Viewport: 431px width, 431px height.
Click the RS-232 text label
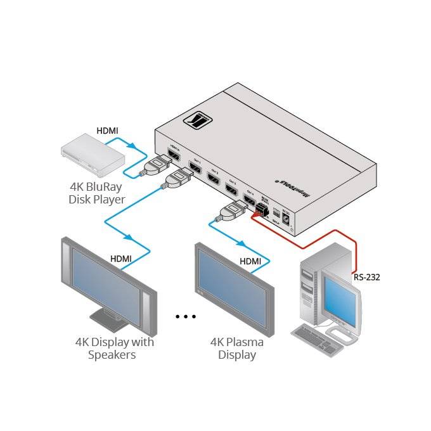point(367,276)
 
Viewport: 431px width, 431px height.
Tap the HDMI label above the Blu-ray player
point(107,131)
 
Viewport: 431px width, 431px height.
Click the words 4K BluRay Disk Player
point(97,193)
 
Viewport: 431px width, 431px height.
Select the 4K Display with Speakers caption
point(114,349)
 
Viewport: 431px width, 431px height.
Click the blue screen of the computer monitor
point(340,297)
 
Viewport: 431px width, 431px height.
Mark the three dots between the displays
point(186,316)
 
